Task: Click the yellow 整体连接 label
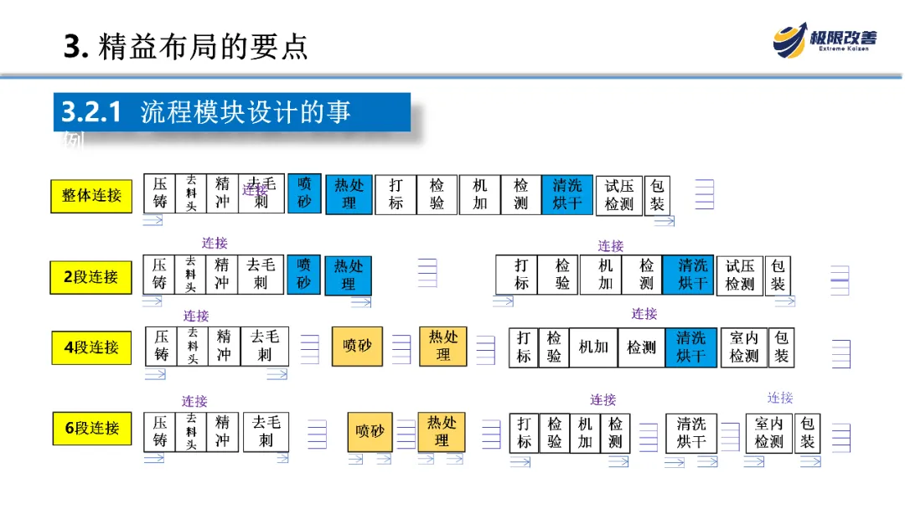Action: pos(91,195)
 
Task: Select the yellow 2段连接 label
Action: pos(91,276)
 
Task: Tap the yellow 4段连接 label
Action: pos(91,347)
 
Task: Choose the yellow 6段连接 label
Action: pos(91,428)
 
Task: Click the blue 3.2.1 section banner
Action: pos(232,112)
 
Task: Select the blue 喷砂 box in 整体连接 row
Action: pos(304,193)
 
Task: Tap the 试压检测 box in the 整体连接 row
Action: pos(619,194)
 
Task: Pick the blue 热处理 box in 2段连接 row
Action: pos(348,275)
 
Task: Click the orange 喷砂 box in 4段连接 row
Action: pos(358,346)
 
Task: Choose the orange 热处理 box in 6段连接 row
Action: pos(442,431)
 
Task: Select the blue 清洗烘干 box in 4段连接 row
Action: pos(691,347)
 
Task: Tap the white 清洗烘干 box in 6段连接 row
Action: pos(691,432)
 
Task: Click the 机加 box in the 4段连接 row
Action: pos(593,347)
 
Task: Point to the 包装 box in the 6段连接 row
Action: pos(807,432)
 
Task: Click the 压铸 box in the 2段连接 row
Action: pos(159,275)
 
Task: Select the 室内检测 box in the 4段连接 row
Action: pos(743,347)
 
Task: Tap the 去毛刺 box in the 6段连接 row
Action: pos(266,431)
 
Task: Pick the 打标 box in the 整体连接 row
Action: pos(396,194)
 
